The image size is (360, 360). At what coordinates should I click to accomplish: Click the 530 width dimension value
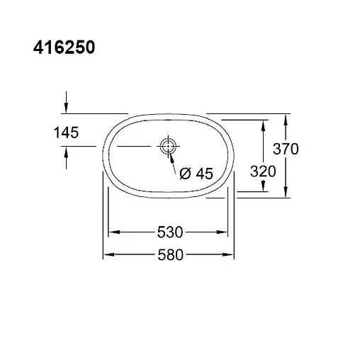(171, 232)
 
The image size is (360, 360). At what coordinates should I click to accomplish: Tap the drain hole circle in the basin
(169, 147)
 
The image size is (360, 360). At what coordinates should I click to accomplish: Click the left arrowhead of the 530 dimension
(111, 232)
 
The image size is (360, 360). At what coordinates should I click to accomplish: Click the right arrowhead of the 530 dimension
(229, 232)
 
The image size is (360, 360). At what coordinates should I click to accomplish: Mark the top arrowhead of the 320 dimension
(264, 123)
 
